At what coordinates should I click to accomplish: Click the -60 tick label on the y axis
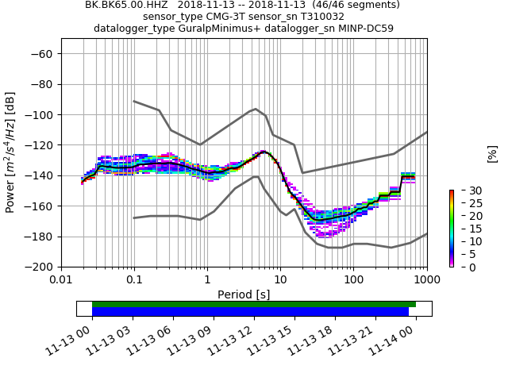[41, 54]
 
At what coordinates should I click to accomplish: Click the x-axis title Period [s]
[244, 294]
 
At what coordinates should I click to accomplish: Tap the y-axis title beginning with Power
[10, 152]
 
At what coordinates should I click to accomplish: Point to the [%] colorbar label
[492, 153]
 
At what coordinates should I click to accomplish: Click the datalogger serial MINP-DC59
[362, 29]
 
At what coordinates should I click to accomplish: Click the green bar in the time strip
[254, 304]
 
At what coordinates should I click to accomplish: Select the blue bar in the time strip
[250, 312]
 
